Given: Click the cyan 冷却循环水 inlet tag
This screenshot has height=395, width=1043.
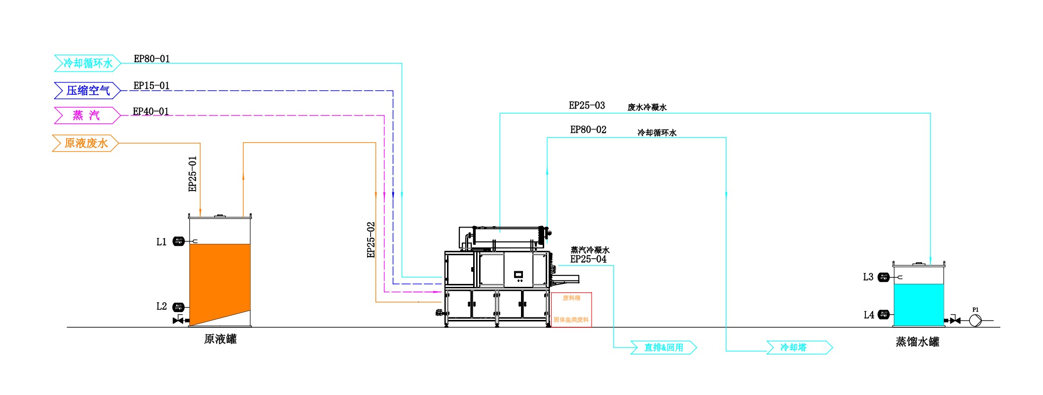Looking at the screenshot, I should (x=87, y=63).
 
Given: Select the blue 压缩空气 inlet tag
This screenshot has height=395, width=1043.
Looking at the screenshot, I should (x=87, y=90).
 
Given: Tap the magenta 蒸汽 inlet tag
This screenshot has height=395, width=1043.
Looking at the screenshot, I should (x=86, y=116).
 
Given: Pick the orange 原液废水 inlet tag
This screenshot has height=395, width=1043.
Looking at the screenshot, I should (x=85, y=143).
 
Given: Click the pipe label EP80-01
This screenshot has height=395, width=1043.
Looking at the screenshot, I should (x=151, y=59).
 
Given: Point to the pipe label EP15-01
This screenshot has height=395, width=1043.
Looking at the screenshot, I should (x=151, y=86).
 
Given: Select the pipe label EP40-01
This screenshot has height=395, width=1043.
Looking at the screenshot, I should (x=150, y=112).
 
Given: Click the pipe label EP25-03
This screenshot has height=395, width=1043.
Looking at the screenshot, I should (x=587, y=106).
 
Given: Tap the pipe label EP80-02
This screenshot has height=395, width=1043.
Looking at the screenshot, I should (x=588, y=130).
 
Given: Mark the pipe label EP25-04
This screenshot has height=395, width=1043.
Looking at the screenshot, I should (x=588, y=259).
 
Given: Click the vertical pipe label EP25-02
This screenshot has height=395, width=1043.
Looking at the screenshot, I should (x=371, y=240).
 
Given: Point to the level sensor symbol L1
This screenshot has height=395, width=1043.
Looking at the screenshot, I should (x=178, y=241).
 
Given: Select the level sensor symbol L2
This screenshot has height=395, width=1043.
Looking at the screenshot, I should (x=178, y=307).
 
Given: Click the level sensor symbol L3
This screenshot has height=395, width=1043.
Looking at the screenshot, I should (x=884, y=277).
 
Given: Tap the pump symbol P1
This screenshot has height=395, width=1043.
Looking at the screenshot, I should (x=975, y=320).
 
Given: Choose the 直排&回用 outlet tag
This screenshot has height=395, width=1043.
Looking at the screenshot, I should (x=664, y=348).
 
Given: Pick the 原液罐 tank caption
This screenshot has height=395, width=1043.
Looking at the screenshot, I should (x=220, y=339).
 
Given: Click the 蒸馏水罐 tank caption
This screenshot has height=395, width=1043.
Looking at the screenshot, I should (x=917, y=342).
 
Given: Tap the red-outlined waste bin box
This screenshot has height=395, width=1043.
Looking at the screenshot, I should (x=571, y=309).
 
